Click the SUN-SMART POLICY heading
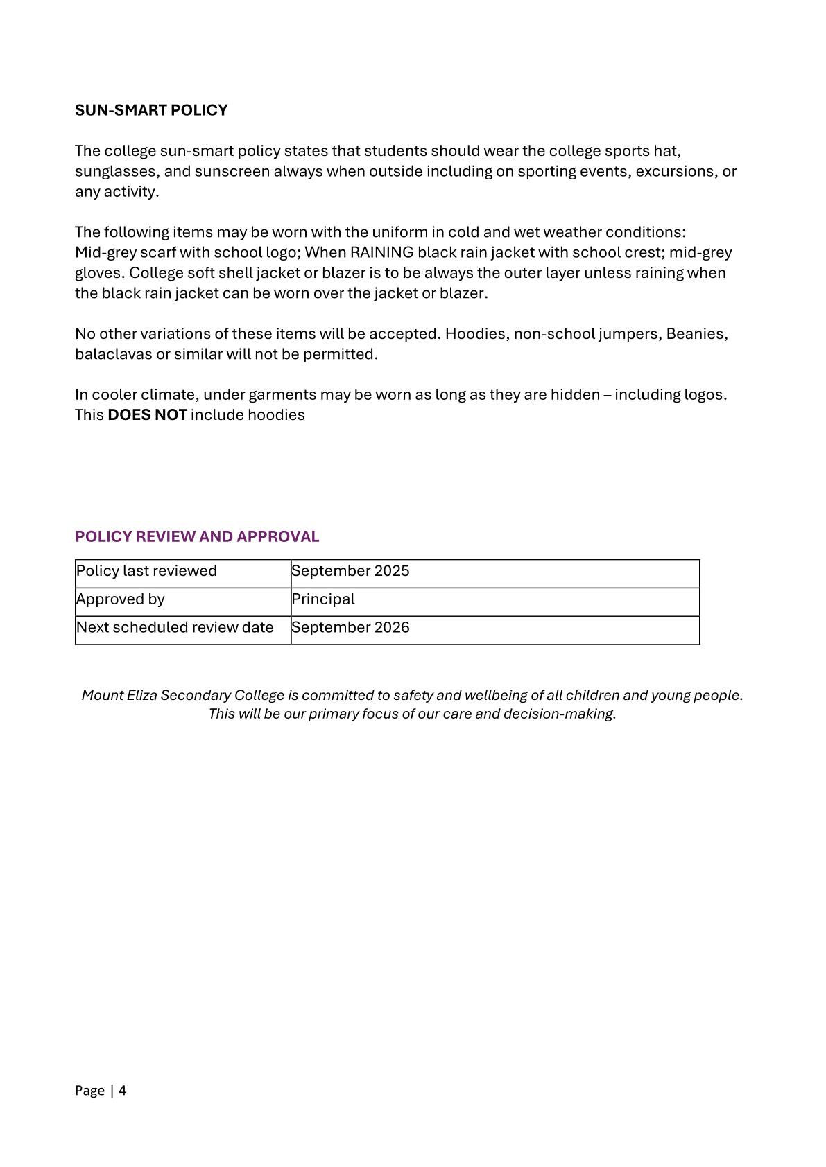click(151, 110)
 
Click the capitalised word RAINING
click(381, 252)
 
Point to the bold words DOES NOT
click(147, 414)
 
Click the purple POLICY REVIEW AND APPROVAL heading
click(197, 536)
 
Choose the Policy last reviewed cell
click(146, 571)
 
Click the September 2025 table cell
click(350, 571)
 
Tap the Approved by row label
click(121, 599)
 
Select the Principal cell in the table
click(323, 599)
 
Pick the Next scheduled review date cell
click(175, 627)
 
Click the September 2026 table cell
click(350, 627)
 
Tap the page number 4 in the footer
click(123, 1090)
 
